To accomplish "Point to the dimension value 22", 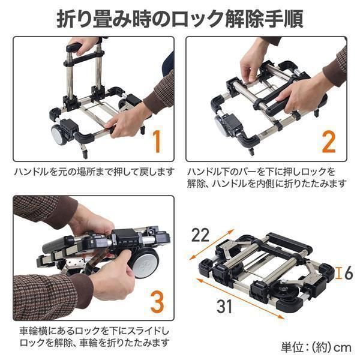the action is pyautogui.click(x=200, y=235).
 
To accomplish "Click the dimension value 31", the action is pyautogui.click(x=224, y=306).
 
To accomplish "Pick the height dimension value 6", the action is pyautogui.click(x=349, y=273).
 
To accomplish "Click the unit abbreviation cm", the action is pyautogui.click(x=343, y=348).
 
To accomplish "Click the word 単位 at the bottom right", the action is pyautogui.click(x=292, y=348).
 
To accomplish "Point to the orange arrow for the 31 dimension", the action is pyautogui.click(x=240, y=298).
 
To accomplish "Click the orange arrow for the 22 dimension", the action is pyautogui.click(x=211, y=244).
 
